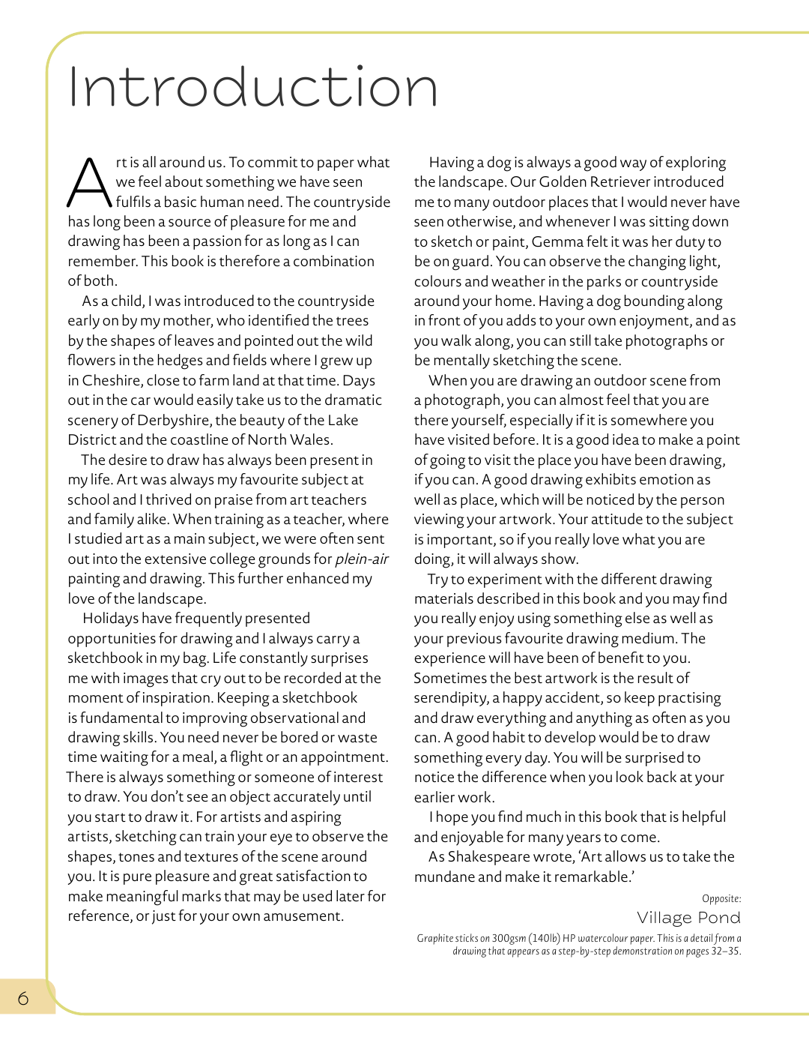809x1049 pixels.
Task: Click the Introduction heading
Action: [x=252, y=87]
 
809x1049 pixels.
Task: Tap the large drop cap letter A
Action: [x=89, y=183]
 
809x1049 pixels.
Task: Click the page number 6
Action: [x=23, y=998]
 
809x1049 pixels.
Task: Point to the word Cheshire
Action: [x=112, y=380]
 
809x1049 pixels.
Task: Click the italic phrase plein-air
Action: [x=362, y=559]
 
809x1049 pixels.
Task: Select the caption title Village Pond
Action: [x=688, y=918]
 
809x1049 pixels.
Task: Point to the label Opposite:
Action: [x=721, y=898]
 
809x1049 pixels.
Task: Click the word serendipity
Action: [x=450, y=698]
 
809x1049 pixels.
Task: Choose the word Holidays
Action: [x=110, y=618]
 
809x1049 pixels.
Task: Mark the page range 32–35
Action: [x=725, y=951]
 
